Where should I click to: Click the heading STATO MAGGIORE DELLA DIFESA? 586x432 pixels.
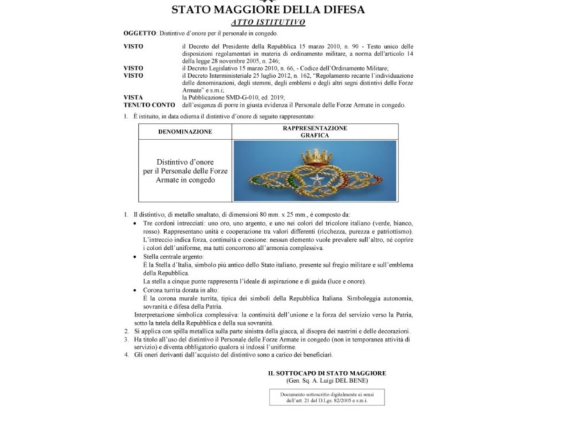(x=268, y=9)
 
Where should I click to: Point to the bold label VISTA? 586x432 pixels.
(x=133, y=98)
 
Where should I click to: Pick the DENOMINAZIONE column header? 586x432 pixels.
(x=185, y=131)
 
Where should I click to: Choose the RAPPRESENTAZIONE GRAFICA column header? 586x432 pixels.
(x=315, y=131)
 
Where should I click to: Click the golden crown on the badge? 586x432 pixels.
(x=317, y=157)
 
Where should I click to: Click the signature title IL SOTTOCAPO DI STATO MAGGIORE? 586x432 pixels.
(x=326, y=373)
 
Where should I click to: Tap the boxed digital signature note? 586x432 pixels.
(x=327, y=397)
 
